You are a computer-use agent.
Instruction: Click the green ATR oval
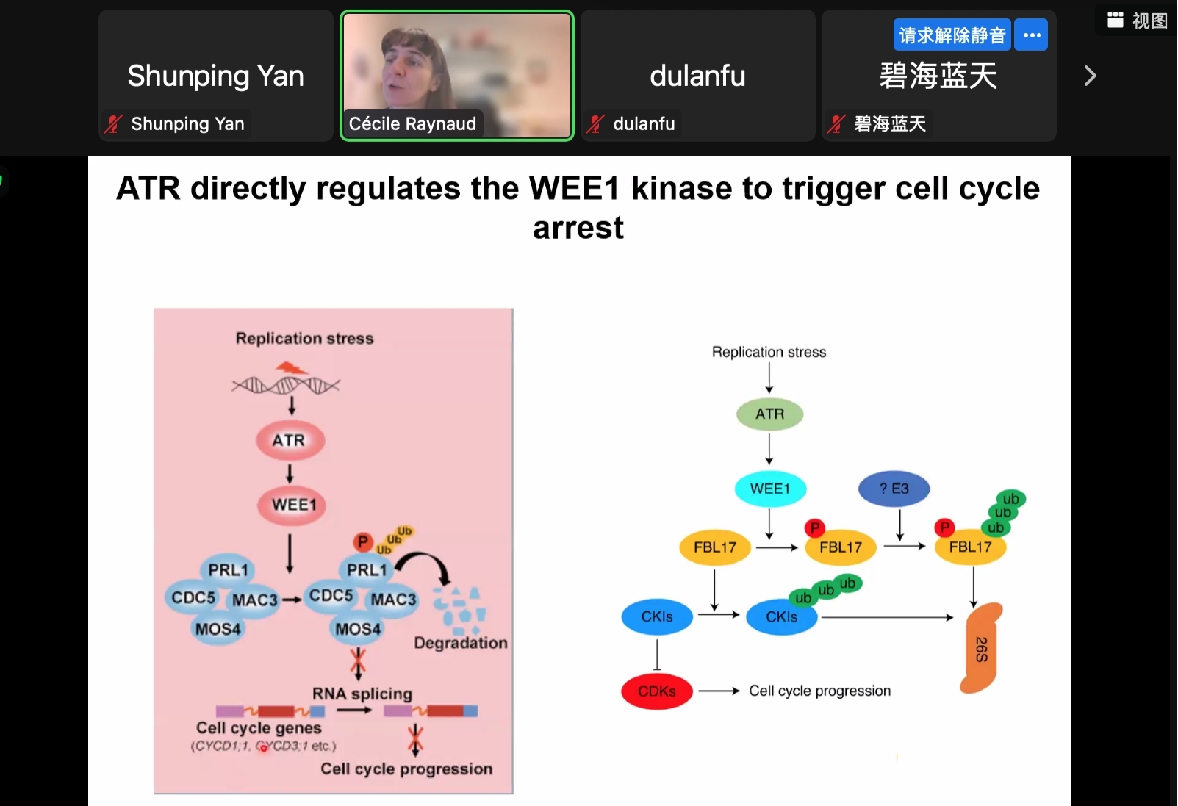769,414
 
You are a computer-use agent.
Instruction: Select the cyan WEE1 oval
769,489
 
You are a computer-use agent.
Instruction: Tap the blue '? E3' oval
894,489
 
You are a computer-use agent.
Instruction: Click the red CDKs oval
656,691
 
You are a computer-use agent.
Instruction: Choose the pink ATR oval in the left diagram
290,440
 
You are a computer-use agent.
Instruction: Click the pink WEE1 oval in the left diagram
293,505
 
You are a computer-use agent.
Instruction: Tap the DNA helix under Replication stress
286,384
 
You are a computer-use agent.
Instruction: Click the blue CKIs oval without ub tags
656,616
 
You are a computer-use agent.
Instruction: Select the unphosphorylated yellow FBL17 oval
714,547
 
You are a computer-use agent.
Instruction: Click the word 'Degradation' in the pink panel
460,643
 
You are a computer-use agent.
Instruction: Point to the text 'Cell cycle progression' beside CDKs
819,691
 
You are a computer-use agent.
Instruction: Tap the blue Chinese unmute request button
952,35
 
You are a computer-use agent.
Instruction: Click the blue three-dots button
1032,35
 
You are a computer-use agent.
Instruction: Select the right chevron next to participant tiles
1090,76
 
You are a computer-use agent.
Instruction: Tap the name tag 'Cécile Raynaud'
412,123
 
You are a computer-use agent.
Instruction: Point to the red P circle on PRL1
362,542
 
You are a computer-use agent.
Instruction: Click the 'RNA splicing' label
362,694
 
